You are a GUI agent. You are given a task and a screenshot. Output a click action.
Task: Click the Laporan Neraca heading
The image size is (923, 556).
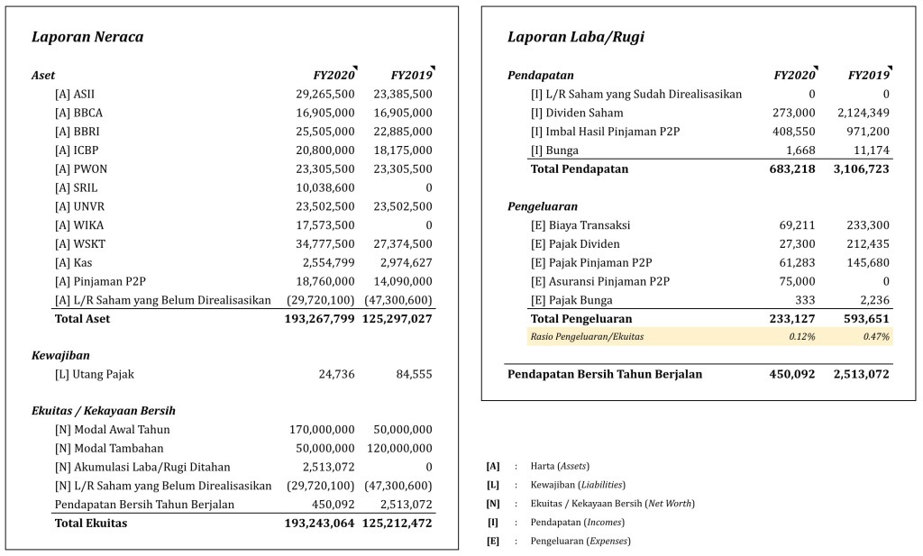(x=87, y=37)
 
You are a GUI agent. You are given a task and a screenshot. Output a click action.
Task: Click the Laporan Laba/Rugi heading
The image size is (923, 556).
(x=576, y=37)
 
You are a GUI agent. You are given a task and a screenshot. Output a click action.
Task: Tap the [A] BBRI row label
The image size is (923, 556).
(x=78, y=132)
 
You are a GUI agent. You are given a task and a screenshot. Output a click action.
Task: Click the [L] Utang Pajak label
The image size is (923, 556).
(x=95, y=374)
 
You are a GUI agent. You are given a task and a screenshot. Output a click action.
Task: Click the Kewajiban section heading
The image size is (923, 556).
(x=60, y=356)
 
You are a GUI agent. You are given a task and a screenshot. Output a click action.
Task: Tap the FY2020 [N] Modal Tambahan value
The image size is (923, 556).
(x=322, y=448)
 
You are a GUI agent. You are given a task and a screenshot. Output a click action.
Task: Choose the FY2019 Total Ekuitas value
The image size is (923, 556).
(x=398, y=523)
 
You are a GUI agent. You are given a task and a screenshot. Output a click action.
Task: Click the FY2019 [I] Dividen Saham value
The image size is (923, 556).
(x=863, y=113)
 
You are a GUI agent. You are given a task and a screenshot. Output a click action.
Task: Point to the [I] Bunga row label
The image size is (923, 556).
(x=555, y=150)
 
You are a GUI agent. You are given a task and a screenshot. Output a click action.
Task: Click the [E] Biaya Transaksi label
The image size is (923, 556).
(x=580, y=225)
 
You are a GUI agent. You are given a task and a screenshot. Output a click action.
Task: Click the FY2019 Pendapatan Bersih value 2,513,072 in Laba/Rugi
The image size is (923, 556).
(x=855, y=374)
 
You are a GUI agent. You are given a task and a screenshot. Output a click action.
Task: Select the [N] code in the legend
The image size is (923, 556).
(x=493, y=503)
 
